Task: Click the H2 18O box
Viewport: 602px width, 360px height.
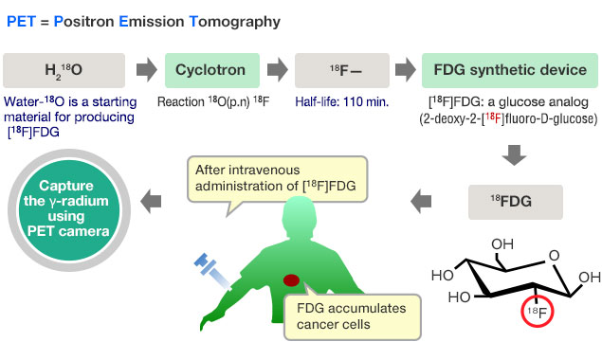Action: point(64,71)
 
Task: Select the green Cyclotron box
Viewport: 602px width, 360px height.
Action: point(210,71)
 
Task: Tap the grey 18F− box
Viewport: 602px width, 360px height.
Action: point(343,71)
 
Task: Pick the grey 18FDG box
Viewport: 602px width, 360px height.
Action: point(517,201)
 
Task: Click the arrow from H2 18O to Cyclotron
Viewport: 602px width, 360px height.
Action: point(145,71)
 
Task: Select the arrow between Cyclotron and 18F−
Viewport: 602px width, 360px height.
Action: point(277,71)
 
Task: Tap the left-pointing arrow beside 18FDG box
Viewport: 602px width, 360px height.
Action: point(421,200)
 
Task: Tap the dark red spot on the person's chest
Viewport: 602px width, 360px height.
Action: point(293,281)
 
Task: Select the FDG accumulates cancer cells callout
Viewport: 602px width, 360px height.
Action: point(346,317)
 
